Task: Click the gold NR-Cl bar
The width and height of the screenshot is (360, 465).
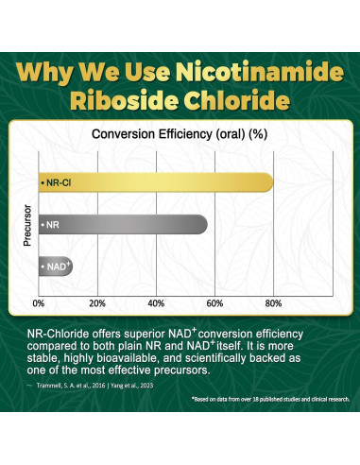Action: [156, 182]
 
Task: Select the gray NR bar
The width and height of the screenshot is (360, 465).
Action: [123, 226]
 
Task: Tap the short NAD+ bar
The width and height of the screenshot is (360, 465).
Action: [55, 267]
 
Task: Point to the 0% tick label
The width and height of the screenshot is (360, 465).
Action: [39, 303]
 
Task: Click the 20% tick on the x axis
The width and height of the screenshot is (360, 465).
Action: [97, 303]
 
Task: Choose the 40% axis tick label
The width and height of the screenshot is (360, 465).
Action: [156, 303]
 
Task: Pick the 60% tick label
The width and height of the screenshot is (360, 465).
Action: [214, 303]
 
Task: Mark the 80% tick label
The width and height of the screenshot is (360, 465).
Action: [273, 303]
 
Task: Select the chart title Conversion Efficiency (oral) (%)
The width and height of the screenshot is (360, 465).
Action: [179, 134]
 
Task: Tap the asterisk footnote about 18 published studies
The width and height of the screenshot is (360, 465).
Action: [270, 400]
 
